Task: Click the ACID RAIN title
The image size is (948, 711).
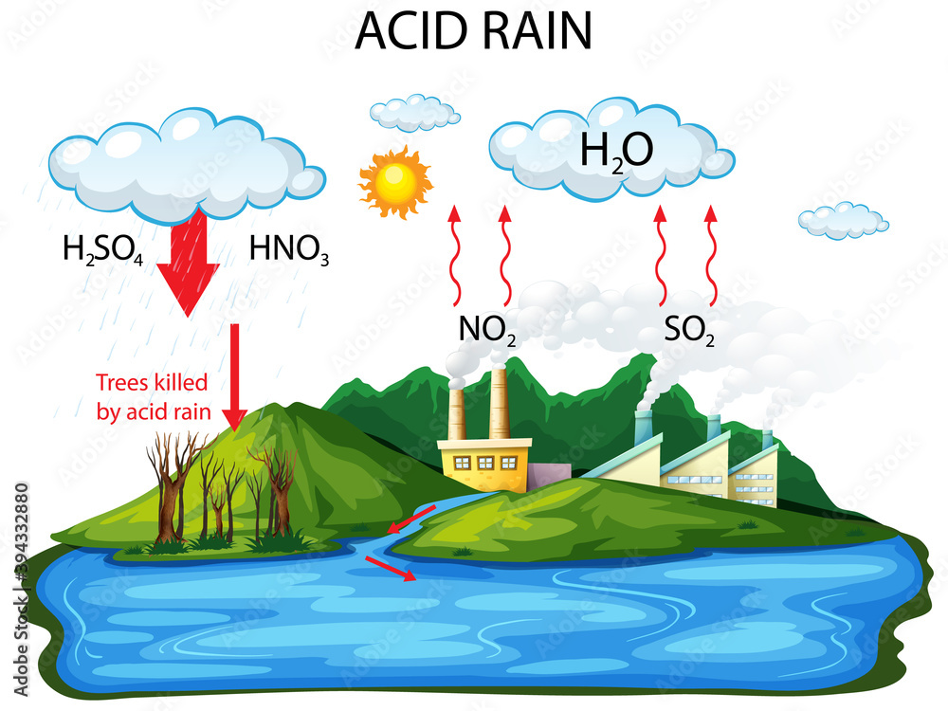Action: tap(473, 31)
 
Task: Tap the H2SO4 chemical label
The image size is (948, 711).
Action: tap(102, 249)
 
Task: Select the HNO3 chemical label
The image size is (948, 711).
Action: tap(289, 249)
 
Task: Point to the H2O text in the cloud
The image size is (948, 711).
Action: tap(616, 151)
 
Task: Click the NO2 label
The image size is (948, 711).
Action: tap(487, 329)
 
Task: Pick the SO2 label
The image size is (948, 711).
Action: tap(689, 329)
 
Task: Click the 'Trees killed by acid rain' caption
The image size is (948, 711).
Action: tap(153, 397)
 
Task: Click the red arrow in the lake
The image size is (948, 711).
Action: tap(390, 568)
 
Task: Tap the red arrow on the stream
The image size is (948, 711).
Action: tap(410, 518)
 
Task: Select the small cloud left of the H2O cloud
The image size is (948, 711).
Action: tap(414, 112)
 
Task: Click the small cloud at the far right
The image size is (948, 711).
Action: tap(843, 220)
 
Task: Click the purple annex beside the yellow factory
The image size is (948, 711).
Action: tap(548, 476)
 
